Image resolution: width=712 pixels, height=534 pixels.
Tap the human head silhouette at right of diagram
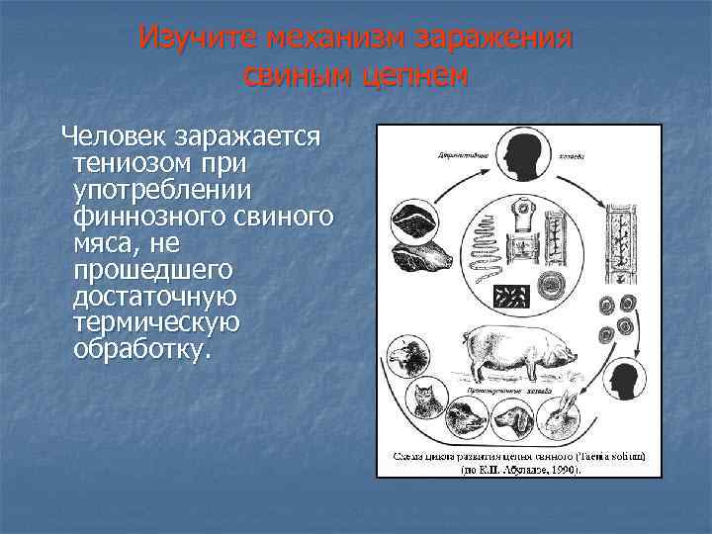point(623,382)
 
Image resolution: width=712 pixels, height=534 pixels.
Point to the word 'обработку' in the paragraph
point(141,349)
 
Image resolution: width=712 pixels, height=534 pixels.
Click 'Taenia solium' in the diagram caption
point(609,456)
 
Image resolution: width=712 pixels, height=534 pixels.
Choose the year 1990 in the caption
point(562,470)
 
